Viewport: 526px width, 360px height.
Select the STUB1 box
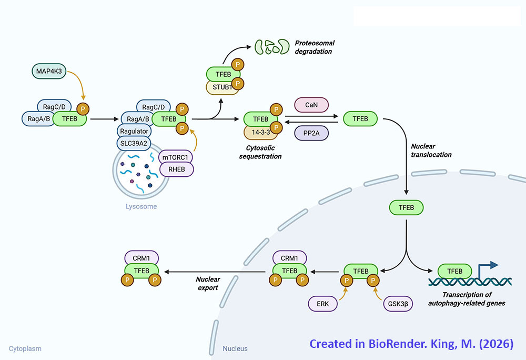(222, 86)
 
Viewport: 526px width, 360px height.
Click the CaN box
(311, 105)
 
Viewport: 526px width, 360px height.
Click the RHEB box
(176, 169)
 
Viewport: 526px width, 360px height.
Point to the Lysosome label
(141, 207)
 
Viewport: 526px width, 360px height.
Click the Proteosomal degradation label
(314, 47)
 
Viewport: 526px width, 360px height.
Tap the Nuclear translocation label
(431, 151)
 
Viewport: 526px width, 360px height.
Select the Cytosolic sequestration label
(264, 153)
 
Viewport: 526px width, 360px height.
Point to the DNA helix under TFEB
(463, 282)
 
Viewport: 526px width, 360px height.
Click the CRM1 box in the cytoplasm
(141, 258)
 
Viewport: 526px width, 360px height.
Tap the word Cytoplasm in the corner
(25, 348)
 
